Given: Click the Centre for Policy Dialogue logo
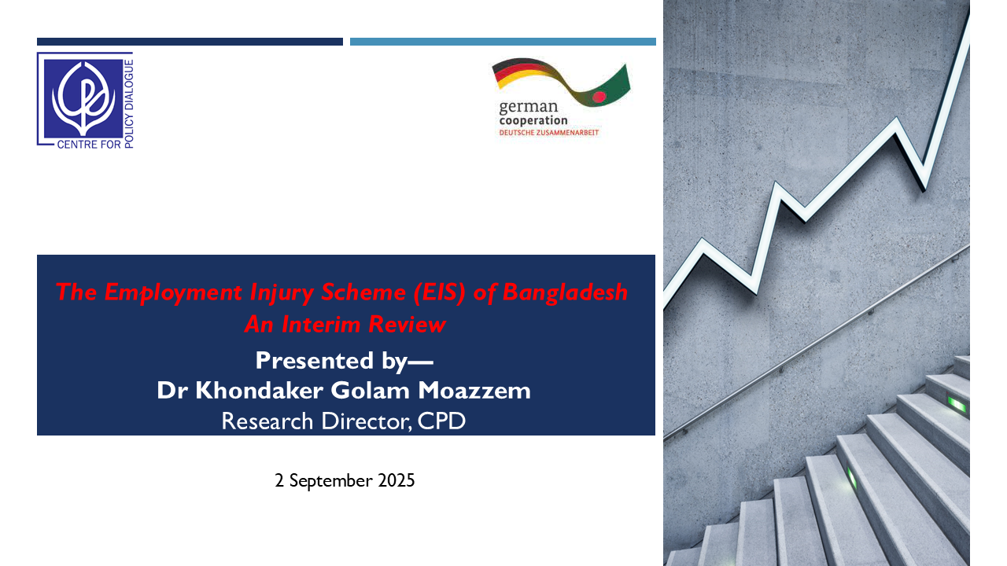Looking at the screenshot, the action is [x=85, y=101].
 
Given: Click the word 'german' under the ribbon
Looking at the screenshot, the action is [x=528, y=108].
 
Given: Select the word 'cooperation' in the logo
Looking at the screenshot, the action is [x=533, y=120].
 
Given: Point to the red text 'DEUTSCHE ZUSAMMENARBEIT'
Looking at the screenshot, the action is [x=549, y=133].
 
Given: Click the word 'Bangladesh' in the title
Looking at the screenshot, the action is [x=565, y=292].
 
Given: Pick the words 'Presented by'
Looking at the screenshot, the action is [x=332, y=361].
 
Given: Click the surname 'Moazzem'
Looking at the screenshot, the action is [x=474, y=390].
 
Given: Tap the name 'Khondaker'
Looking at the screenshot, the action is [x=260, y=390].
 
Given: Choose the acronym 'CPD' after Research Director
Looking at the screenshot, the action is [x=441, y=421].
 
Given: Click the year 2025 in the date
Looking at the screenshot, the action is [x=396, y=480].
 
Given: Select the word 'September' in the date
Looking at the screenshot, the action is [x=331, y=480].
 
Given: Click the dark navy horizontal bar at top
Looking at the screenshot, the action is [x=190, y=42].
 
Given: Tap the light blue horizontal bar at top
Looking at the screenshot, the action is [x=503, y=42].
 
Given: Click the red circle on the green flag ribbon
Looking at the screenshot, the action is [x=599, y=97].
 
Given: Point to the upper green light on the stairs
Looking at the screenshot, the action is [x=956, y=405].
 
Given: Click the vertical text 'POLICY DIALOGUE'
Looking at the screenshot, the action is [x=128, y=104].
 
